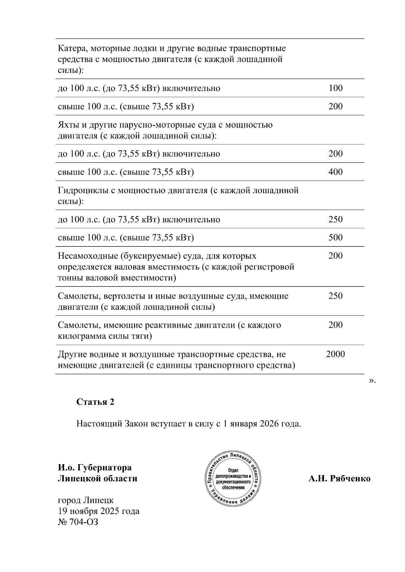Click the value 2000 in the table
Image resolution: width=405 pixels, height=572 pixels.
pos(335,354)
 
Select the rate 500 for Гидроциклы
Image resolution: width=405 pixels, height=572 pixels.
pos(335,238)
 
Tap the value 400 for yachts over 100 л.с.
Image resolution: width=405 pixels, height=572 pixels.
pos(335,172)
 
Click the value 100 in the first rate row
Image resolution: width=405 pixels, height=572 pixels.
pos(335,88)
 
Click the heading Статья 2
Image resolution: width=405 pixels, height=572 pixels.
pos(95,402)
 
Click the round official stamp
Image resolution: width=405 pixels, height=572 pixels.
pos(233,478)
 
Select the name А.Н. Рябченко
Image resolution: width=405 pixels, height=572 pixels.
pos(339,479)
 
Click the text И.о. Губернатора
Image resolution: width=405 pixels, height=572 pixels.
pos(94,468)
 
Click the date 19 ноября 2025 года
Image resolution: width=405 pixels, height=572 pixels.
pos(99,511)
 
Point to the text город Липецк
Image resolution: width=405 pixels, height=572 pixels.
pos(86,500)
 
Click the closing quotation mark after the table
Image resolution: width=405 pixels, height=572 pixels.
pos(372,381)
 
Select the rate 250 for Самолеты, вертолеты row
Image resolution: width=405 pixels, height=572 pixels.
pos(335,296)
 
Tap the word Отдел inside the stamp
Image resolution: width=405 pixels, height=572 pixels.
pos(233,470)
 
